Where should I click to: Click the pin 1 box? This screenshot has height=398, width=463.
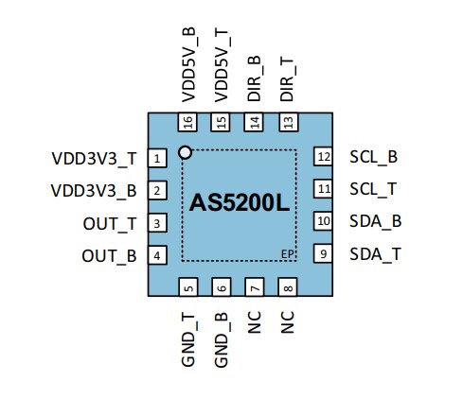tap(158, 158)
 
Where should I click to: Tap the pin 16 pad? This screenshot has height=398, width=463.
tap(187, 122)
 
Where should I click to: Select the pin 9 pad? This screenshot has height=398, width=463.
tap(323, 253)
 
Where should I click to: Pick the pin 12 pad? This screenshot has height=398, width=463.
tap(323, 157)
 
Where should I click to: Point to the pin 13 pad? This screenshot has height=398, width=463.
tap(287, 122)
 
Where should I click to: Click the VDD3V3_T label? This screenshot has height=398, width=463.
tap(95, 158)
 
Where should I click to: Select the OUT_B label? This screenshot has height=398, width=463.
tap(109, 255)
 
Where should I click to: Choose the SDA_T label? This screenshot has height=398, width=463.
tap(376, 253)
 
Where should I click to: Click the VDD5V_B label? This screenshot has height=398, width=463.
tap(187, 65)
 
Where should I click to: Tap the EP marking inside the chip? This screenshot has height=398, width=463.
tap(288, 253)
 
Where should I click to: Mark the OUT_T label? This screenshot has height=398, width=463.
tap(109, 223)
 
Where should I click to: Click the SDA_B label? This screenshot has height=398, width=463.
tap(376, 221)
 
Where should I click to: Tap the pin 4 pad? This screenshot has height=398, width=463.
tap(158, 254)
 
